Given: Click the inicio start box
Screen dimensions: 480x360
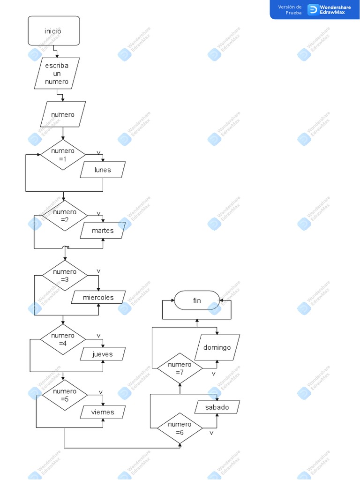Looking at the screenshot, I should coord(54,31).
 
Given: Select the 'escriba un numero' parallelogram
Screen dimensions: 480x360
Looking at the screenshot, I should coord(57,74).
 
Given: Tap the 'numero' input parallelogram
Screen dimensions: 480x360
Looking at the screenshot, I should coord(63,114).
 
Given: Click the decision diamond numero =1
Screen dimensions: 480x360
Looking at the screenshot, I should coord(63,155).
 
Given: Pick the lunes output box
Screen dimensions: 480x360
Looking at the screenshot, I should coord(103,170).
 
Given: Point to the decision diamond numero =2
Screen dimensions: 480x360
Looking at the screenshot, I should coord(65,216).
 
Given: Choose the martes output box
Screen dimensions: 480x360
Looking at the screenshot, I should coord(103,231).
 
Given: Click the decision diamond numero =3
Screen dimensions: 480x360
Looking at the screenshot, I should coord(65,276).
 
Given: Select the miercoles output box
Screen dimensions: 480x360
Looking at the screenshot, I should coord(98,297).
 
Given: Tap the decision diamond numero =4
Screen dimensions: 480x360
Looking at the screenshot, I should coord(63,339).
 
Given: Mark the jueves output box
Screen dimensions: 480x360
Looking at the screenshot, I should coord(103,354).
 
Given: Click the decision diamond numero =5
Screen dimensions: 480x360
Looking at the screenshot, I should coord(65,395).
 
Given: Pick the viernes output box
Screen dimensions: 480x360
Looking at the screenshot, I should coord(103,412).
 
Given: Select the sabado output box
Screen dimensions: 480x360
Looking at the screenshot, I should coord(217,407).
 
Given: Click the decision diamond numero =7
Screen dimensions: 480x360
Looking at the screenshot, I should coord(180,368).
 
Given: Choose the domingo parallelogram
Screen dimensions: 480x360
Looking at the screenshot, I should coord(217,347).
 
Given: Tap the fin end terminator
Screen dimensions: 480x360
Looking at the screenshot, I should coord(197,300).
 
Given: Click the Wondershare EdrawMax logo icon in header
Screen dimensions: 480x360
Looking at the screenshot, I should coord(313,9).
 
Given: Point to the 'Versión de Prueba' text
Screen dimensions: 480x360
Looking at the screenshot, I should coord(290,10).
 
